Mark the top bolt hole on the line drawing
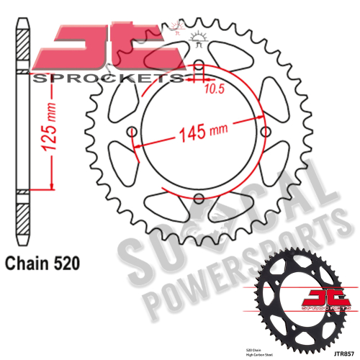coord(199,69)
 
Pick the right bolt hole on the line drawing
coord(264,132)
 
